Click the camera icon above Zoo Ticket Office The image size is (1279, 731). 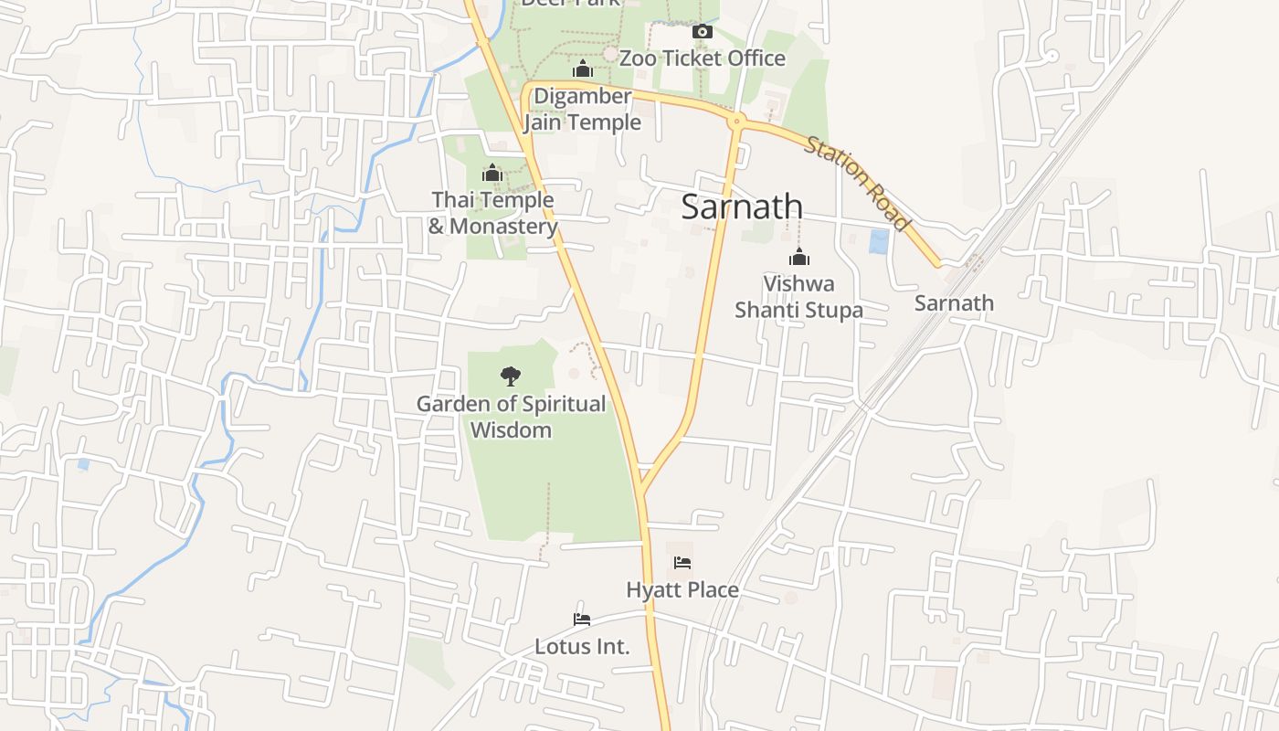[702, 32]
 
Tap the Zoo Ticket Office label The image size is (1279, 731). [702, 58]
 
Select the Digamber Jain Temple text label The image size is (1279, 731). [582, 109]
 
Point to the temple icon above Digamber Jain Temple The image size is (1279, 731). [582, 69]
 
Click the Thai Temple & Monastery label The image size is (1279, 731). [492, 213]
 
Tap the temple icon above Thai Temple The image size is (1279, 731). [492, 173]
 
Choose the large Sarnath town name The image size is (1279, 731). [742, 207]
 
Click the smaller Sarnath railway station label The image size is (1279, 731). [954, 303]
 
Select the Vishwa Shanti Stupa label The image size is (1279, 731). [799, 297]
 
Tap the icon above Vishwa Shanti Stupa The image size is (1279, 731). [799, 257]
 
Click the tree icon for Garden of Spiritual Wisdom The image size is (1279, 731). [511, 376]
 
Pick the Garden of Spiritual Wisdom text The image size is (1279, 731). [511, 417]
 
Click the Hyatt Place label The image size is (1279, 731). [682, 590]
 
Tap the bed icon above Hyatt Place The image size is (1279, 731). [682, 563]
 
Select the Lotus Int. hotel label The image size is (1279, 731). [582, 647]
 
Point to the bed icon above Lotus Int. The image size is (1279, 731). [582, 620]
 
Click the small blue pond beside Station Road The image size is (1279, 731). [878, 241]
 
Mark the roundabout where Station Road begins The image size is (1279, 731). [736, 120]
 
